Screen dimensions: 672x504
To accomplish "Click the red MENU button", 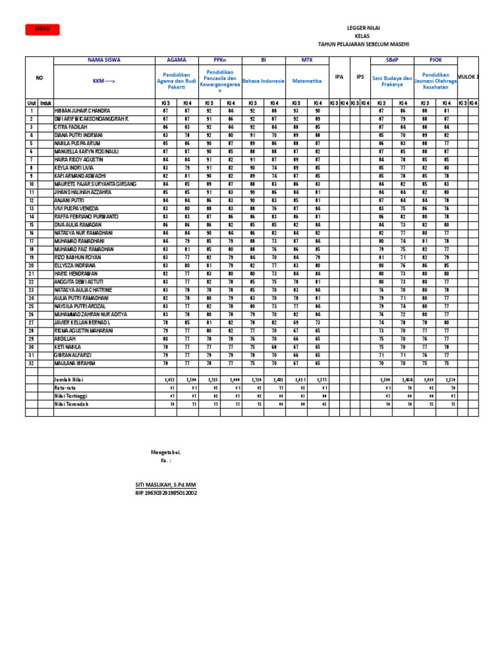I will pos(42,29).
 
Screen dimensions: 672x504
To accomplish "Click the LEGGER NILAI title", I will pos(363,28).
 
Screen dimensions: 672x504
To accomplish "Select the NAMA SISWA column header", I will pos(104,60).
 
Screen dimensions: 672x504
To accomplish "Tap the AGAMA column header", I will pos(177,60).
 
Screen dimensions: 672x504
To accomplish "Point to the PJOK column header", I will pos(436,60).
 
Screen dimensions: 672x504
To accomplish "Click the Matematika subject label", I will pos(306,81).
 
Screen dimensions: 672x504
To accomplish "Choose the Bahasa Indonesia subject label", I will pos(263,81).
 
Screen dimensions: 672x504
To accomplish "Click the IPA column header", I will pos(339,77).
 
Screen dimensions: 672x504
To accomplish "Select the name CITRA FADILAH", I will pos(72,127).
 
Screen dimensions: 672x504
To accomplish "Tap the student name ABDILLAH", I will pos(66,338).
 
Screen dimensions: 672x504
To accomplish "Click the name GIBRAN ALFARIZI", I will pos(74,354).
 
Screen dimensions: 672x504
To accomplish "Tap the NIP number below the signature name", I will pos(165,492).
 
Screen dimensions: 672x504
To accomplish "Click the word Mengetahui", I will pos(165,453).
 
